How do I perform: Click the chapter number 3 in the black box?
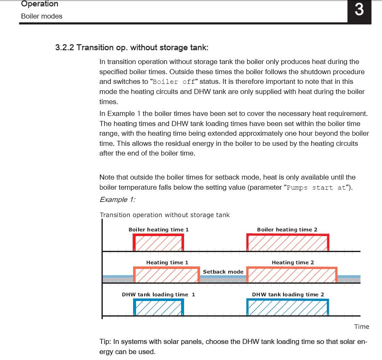(359, 9)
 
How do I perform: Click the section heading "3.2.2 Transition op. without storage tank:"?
(132, 47)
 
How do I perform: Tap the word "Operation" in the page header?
(40, 4)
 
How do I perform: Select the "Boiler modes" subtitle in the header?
(42, 16)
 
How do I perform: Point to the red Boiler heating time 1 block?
(158, 243)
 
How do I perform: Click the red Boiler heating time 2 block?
(288, 243)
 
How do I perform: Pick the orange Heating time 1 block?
(166, 275)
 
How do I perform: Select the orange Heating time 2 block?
(292, 275)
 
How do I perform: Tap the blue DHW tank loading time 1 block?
(158, 307)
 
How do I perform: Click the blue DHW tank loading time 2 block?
(288, 307)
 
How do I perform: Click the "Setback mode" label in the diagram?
(223, 272)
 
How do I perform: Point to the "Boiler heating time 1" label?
(159, 230)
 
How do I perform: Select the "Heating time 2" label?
(293, 263)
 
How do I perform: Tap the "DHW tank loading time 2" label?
(288, 295)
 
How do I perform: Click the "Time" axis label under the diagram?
(361, 327)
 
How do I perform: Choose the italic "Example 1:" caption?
(117, 199)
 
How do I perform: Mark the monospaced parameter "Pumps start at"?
(316, 188)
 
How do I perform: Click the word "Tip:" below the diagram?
(106, 342)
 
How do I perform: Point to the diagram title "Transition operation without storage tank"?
(165, 215)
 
